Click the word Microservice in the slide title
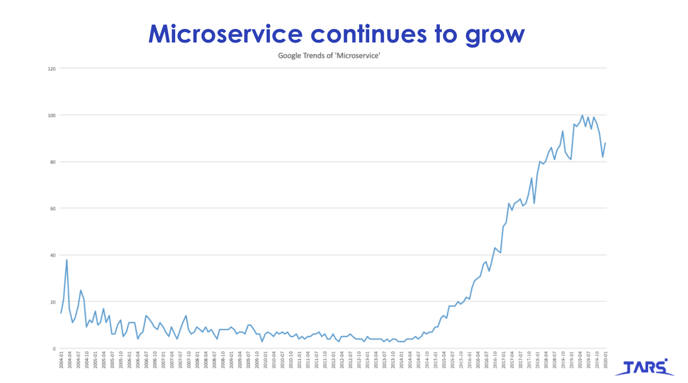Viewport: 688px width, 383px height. pos(225,33)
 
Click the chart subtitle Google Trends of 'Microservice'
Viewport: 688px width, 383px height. pos(329,55)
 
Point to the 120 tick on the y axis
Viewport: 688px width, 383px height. pos(52,68)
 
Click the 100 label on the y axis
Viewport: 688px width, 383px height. pos(52,115)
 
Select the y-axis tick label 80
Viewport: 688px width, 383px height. pos(53,162)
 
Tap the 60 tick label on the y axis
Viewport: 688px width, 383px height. pos(53,208)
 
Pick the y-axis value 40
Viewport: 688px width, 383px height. pos(53,255)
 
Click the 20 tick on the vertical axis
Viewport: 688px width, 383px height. pos(53,302)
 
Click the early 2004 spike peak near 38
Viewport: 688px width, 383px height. pos(67,260)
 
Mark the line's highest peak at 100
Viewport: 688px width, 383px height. pos(582,115)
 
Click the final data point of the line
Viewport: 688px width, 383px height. pos(605,143)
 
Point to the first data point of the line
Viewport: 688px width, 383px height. pos(61,313)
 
